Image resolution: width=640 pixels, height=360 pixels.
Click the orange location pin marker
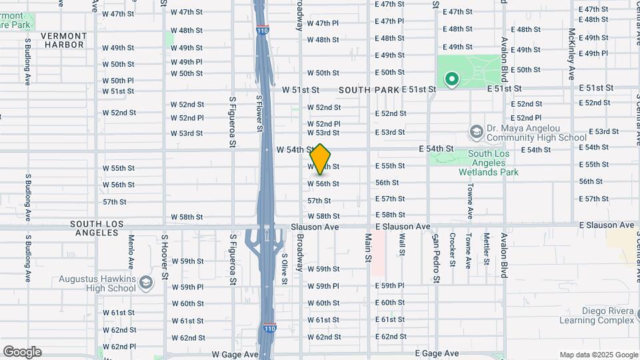point(321,159)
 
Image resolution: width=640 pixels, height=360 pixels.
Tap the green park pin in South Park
point(453,81)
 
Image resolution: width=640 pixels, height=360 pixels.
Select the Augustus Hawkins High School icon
point(145,283)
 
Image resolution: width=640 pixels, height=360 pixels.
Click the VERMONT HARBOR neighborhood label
point(63,40)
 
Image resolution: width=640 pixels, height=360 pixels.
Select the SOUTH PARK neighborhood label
point(368,89)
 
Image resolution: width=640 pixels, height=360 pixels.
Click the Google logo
point(22,352)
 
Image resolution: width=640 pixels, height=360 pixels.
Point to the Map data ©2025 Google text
point(598,355)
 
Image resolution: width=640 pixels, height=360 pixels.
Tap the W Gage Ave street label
point(235,355)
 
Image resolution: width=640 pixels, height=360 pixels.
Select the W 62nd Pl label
point(119,347)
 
